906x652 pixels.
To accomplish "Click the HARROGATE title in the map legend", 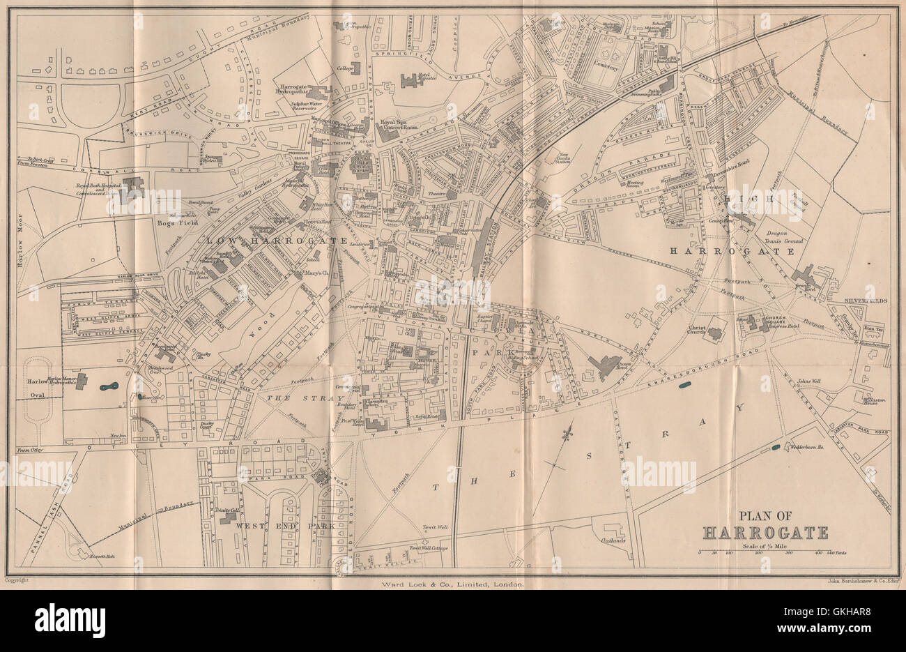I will (x=765, y=533).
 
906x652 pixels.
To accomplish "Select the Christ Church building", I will (x=714, y=333).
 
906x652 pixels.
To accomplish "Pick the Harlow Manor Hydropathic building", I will (x=82, y=381).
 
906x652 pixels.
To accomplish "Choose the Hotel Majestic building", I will (x=410, y=81).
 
